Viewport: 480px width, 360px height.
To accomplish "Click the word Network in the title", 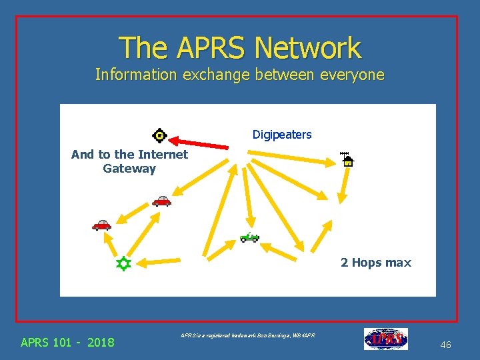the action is point(307,48).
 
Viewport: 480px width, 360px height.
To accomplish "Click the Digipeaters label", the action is point(282,135).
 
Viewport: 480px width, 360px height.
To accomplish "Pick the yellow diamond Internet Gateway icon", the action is point(159,136).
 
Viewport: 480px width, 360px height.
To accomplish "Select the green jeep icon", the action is point(249,237).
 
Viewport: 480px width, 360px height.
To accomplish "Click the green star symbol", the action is point(123,264).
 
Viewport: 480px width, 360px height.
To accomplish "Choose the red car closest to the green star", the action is point(101,225).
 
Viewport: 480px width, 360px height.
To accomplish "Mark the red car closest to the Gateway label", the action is point(161,201).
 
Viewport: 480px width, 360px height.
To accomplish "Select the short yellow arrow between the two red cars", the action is point(133,213).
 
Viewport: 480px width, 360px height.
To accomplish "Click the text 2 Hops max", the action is point(376,263).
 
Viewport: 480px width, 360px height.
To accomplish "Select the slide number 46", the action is point(446,345).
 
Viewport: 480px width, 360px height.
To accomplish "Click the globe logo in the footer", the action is point(386,339).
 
